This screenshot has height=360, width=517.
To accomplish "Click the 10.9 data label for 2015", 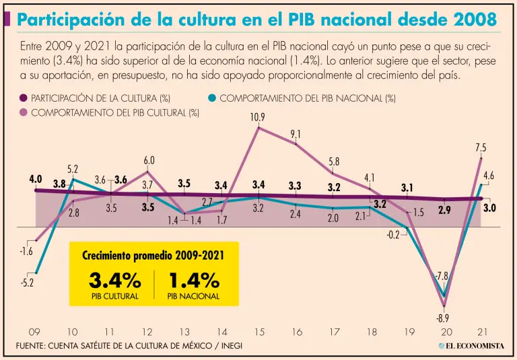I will pyautogui.click(x=257, y=117).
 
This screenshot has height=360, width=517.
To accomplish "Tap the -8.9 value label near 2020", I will pyautogui.click(x=442, y=318).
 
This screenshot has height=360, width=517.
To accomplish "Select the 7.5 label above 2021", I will pyautogui.click(x=480, y=147).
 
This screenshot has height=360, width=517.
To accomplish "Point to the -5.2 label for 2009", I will pyautogui.click(x=27, y=283).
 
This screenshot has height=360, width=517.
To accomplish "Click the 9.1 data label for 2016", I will pyautogui.click(x=296, y=135).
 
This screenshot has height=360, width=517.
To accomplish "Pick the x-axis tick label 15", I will pyautogui.click(x=258, y=332).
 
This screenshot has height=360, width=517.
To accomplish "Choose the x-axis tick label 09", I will pyautogui.click(x=34, y=332).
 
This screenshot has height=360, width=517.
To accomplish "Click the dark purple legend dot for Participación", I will pyautogui.click(x=24, y=98).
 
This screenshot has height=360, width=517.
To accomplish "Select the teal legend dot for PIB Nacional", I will pyautogui.click(x=212, y=98).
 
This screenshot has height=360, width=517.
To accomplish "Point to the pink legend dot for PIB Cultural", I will pyautogui.click(x=24, y=112).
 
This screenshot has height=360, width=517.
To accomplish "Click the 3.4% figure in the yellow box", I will pyautogui.click(x=114, y=280).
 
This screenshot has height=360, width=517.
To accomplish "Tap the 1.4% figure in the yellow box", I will pyautogui.click(x=193, y=280).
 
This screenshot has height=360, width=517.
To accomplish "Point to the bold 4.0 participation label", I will pyautogui.click(x=36, y=180).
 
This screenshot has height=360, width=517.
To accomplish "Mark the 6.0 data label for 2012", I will pyautogui.click(x=149, y=161).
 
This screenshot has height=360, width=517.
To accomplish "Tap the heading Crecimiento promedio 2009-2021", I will pyautogui.click(x=153, y=256).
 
